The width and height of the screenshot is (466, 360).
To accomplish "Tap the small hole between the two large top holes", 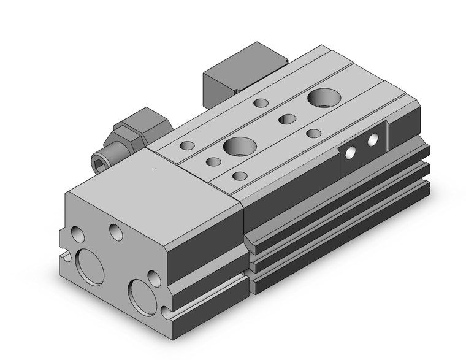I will point(286,119).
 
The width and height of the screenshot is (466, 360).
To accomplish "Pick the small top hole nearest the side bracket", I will point(314,133).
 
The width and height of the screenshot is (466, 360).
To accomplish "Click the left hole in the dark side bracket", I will point(353,153).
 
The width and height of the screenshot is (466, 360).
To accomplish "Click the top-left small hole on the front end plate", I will point(78,234).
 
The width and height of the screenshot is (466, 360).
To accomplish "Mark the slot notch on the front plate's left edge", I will point(64,253).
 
